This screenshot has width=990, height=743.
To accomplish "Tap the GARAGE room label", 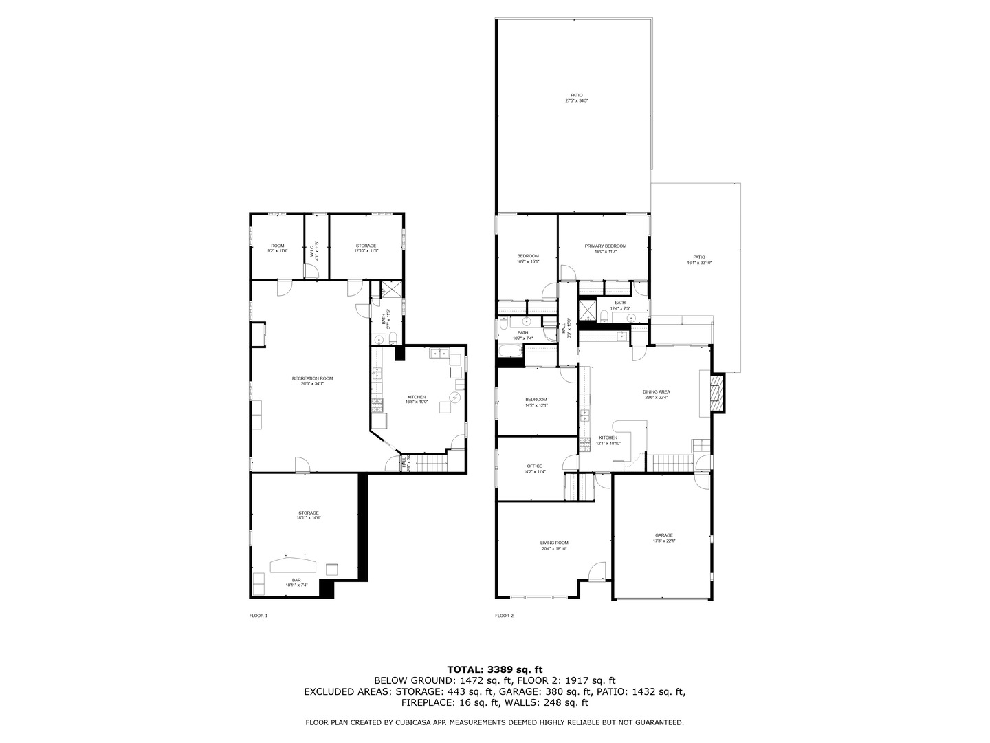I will point(663,535).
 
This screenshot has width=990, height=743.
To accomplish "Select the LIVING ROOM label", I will point(554,543).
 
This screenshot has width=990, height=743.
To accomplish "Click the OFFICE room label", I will point(534,466).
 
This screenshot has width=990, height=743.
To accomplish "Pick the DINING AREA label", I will point(657,391).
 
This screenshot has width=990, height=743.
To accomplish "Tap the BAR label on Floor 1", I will point(296,580).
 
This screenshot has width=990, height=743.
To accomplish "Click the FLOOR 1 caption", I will point(258,616).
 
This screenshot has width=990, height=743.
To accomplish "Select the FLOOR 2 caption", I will point(504,616).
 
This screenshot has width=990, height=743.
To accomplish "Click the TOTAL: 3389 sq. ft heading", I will point(495,669).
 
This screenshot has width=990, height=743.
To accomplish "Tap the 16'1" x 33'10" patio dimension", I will point(699,263).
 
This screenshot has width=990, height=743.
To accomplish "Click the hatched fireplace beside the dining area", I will point(718,393).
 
